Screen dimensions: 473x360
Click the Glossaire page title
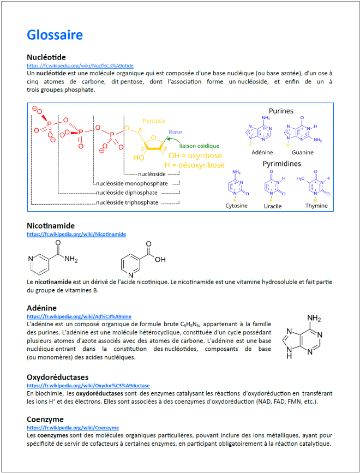pos(55,35)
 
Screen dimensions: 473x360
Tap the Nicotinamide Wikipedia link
pos(76,234)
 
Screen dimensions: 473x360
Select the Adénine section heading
pos(43,308)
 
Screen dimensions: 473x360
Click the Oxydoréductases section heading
pos(57,377)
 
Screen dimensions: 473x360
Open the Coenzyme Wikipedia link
pos(73,428)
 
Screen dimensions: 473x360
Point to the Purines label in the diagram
pos(281,111)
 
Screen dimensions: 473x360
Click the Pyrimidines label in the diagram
pos(281,163)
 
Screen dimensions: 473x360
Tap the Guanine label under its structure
pos(303,153)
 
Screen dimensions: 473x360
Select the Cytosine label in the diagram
pos(236,206)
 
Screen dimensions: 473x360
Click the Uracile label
pos(273,206)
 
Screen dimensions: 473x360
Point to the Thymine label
pos(316,206)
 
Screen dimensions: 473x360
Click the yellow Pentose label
pos(154,121)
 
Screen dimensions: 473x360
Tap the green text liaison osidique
pos(199,146)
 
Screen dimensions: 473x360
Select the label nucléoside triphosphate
pos(127,202)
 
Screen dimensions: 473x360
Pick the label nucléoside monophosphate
pos(131,183)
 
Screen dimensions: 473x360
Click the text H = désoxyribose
pos(194,165)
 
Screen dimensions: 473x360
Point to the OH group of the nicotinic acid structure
pos(159,259)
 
